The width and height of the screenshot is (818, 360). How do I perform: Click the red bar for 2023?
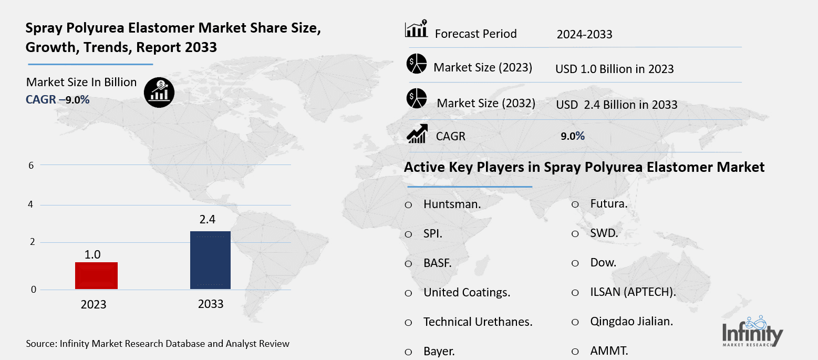tap(96, 275)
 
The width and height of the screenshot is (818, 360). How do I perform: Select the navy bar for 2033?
tap(210, 260)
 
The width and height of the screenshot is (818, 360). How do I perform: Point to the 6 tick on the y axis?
tap(31, 165)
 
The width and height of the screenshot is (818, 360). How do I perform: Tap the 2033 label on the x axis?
tap(211, 304)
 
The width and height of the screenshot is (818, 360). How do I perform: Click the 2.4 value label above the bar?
tap(208, 220)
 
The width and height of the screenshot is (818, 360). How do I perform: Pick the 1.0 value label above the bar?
tap(93, 255)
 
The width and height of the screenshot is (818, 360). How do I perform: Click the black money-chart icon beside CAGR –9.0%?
tap(159, 92)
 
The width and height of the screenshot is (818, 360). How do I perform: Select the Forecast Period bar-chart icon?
tap(416, 29)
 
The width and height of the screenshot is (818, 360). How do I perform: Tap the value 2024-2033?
tap(584, 35)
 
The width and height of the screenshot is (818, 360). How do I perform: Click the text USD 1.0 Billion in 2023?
tap(614, 69)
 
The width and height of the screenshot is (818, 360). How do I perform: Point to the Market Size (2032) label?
tap(486, 104)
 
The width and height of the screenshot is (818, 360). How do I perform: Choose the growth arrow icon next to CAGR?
tap(417, 135)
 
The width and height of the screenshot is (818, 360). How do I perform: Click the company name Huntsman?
tap(452, 204)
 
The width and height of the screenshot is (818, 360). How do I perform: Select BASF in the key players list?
tap(437, 263)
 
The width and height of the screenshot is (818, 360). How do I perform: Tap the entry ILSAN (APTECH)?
tap(633, 292)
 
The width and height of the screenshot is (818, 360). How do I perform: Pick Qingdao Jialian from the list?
tap(631, 322)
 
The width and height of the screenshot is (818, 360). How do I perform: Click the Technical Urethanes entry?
tap(478, 322)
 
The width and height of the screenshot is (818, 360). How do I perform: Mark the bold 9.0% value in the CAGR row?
tap(573, 136)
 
